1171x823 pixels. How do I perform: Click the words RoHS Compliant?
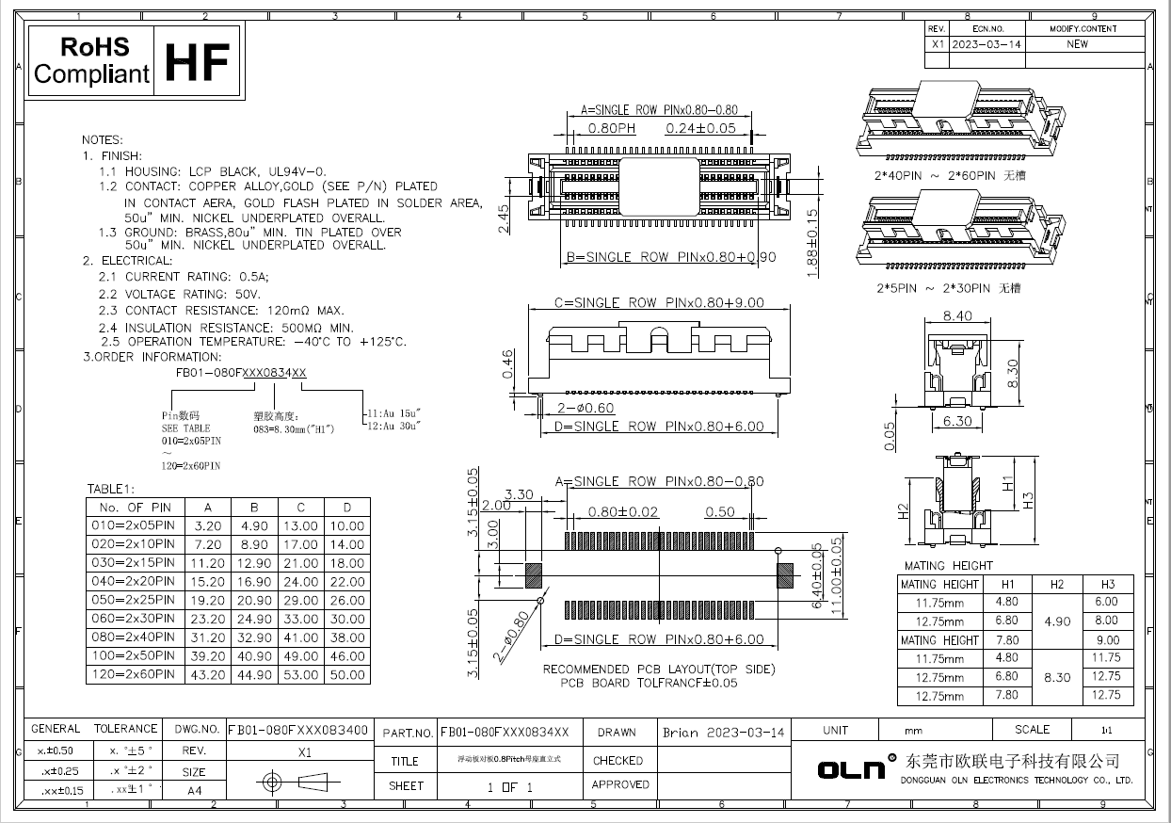tap(92, 61)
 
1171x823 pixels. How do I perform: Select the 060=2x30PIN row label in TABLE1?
tap(132, 619)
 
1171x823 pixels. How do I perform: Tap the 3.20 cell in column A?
tap(208, 526)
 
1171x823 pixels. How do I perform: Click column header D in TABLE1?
tap(347, 508)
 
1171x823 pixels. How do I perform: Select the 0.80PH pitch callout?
tap(612, 128)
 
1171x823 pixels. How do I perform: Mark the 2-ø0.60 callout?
tap(586, 408)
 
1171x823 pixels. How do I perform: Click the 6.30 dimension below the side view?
tap(957, 421)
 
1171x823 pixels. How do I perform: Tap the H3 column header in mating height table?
tap(1106, 584)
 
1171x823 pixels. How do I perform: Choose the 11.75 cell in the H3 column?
tap(1106, 658)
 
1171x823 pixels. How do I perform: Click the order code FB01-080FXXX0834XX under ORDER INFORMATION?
tap(241, 373)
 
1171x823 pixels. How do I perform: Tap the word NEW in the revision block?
tap(1077, 44)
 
